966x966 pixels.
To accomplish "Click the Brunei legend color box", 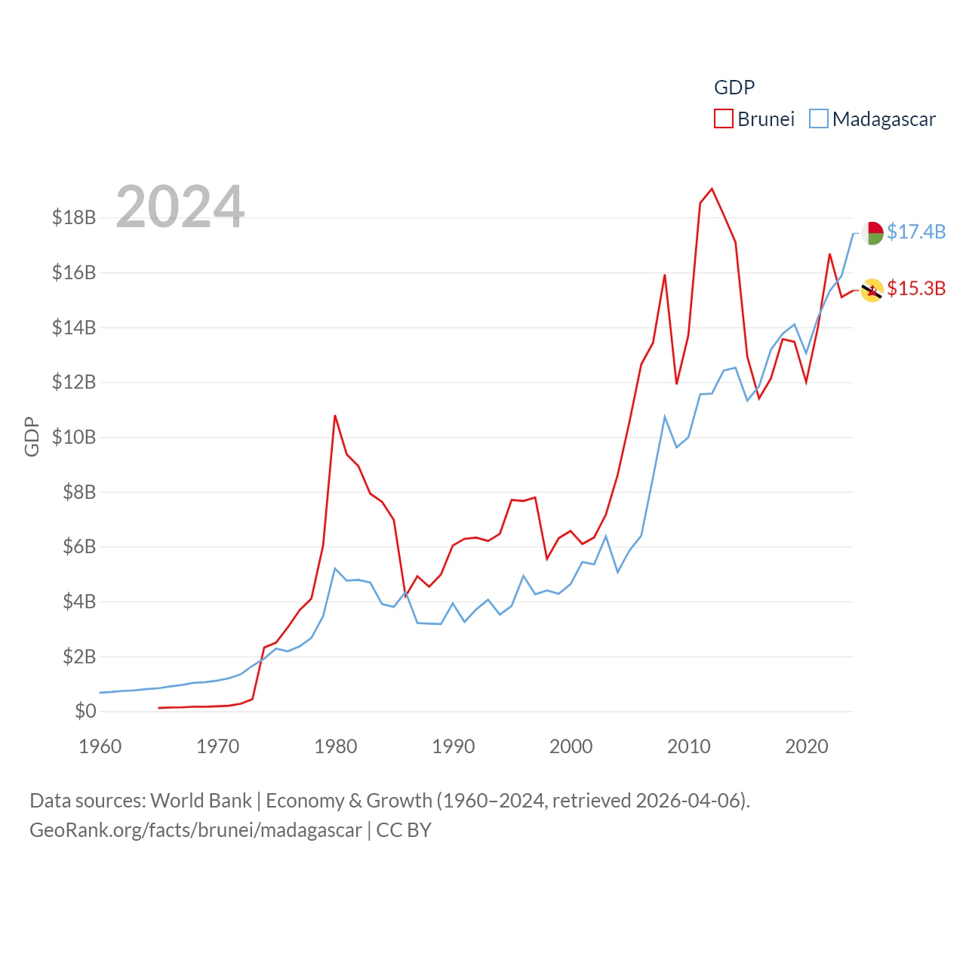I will click(723, 119).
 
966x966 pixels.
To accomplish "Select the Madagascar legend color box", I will click(819, 119).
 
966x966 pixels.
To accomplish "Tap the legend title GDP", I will click(734, 88).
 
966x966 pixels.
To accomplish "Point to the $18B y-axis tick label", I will click(74, 218).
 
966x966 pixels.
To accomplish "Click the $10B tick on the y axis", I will click(74, 437).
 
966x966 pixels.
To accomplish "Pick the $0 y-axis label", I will click(85, 711).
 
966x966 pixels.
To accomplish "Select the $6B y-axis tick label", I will click(74, 546).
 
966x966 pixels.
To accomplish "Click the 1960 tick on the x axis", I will click(100, 746).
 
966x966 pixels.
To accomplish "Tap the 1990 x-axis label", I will click(454, 746).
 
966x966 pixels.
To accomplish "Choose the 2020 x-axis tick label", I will click(807, 746).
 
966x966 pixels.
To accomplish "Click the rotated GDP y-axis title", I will click(32, 436).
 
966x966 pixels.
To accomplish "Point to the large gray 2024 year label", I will click(180, 207).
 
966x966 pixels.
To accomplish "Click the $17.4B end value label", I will click(916, 232).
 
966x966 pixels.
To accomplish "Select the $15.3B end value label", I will click(916, 288).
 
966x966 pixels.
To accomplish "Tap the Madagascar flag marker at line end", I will click(872, 233).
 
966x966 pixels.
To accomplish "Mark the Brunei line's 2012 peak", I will click(712, 189).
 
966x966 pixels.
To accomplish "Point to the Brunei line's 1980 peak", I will click(335, 416).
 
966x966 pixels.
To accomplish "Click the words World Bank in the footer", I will click(201, 800).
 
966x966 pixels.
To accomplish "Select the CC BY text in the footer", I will click(404, 830).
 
